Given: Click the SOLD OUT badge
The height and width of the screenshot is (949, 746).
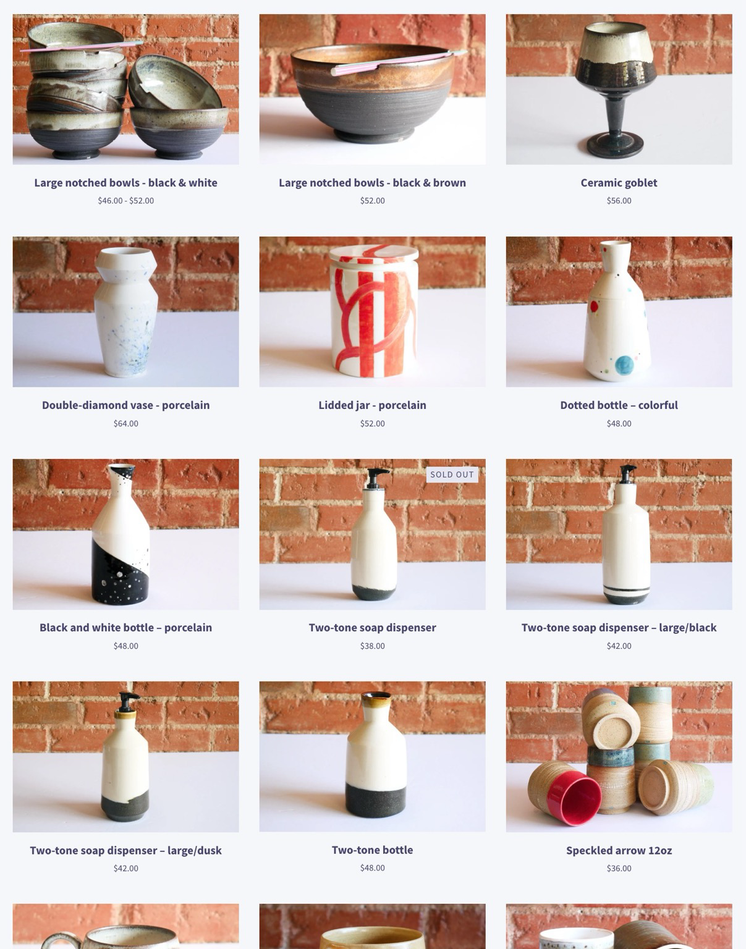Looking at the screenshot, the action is (452, 474).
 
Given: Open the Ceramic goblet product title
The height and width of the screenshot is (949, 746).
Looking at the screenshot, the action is (619, 182).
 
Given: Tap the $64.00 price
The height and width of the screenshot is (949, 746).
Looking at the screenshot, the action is (126, 423).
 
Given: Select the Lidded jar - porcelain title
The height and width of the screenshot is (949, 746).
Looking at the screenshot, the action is (372, 405).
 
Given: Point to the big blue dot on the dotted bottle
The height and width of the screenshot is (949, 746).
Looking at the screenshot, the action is (624, 365).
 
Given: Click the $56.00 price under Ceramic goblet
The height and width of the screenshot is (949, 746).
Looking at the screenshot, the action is (619, 200).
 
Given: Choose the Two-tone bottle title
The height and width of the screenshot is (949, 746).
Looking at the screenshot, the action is (372, 850).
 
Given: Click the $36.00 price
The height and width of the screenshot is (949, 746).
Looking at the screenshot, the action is (619, 868).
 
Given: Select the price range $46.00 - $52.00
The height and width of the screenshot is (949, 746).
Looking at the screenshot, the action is (126, 200).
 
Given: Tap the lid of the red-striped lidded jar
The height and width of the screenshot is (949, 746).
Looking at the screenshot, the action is (374, 252).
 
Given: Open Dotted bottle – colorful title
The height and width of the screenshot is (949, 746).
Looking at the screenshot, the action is (619, 405).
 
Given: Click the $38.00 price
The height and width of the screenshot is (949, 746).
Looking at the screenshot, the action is (372, 646).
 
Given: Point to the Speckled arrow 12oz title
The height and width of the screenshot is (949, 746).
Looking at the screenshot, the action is (619, 850).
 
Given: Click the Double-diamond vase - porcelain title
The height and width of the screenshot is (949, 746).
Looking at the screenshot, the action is (126, 405).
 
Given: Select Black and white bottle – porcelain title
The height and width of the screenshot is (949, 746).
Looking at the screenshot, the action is (126, 627).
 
